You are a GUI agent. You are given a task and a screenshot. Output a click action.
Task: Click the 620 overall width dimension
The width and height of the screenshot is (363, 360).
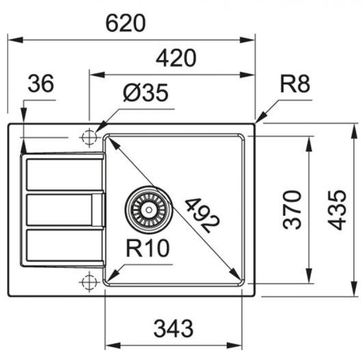point(126,23)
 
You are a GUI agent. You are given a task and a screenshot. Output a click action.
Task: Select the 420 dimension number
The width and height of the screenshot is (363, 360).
point(176,58)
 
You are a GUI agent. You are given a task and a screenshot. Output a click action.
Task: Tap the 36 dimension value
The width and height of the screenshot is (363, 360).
point(41,83)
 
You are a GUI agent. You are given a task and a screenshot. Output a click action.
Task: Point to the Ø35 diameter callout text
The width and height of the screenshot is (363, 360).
point(146,92)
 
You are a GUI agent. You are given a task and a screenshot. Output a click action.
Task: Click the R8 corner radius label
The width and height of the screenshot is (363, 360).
point(295,84)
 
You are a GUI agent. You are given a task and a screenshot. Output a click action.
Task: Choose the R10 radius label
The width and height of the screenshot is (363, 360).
point(148,248)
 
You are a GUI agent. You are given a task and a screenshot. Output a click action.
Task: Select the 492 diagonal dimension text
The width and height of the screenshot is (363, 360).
point(202,216)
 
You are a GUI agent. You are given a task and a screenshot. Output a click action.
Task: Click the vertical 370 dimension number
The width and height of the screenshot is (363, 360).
point(292,210)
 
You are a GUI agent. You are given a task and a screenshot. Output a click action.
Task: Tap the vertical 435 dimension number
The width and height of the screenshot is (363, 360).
point(337,210)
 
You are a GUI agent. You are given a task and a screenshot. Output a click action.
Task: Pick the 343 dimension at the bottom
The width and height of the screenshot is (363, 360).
point(174,329)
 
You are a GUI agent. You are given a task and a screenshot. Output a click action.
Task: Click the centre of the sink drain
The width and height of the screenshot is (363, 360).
point(149,210)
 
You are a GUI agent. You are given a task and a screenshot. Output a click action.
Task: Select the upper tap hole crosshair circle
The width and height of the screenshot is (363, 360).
point(89,138)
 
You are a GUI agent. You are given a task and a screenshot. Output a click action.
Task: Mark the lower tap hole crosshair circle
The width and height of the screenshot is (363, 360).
point(89,283)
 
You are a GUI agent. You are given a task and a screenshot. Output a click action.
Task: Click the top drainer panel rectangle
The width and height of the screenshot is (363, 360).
point(64,175)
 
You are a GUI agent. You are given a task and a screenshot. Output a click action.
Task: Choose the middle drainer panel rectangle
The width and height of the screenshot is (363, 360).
point(59,210)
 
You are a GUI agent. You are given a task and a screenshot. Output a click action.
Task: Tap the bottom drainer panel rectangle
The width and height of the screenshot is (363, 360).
point(64,245)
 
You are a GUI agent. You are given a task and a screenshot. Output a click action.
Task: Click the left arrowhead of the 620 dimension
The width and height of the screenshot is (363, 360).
point(16,40)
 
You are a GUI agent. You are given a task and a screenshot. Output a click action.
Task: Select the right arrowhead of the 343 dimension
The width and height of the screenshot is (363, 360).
point(234,346)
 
